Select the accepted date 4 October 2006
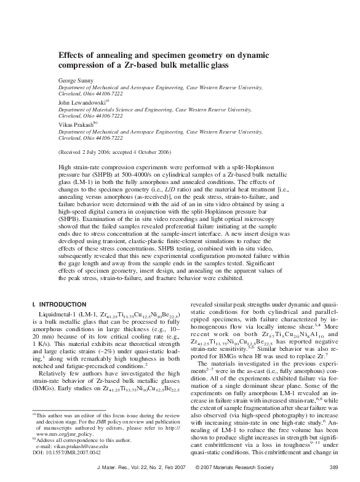(153, 151)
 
